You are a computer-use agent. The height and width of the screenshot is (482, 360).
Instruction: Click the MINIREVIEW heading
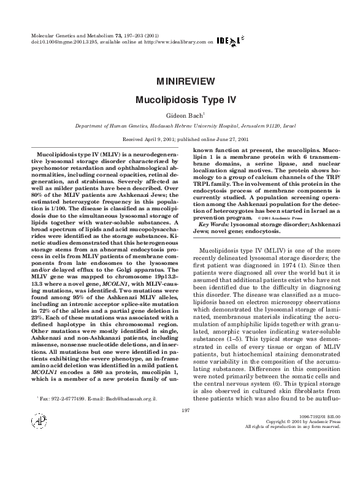[x=180, y=81]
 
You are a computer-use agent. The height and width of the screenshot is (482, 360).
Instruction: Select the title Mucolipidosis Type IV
[x=180, y=99]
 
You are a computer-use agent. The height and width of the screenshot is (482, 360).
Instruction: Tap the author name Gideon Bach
[x=179, y=115]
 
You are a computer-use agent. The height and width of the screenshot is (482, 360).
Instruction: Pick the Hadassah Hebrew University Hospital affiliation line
[x=180, y=125]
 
